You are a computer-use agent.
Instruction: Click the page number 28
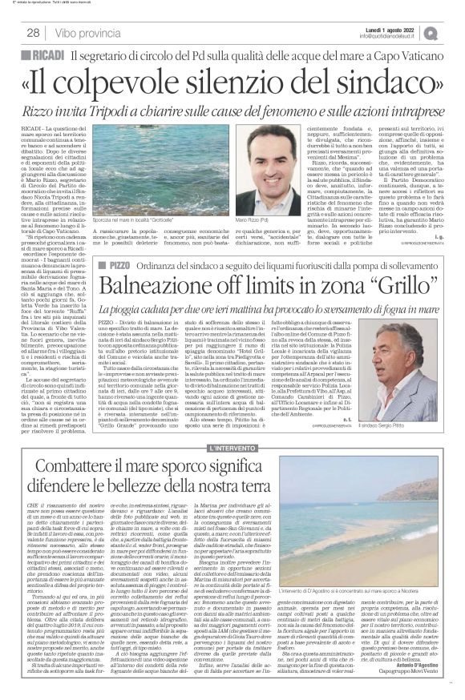(33, 32)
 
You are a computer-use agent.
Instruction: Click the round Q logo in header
(454, 32)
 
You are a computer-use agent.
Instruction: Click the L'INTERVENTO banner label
(232, 426)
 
